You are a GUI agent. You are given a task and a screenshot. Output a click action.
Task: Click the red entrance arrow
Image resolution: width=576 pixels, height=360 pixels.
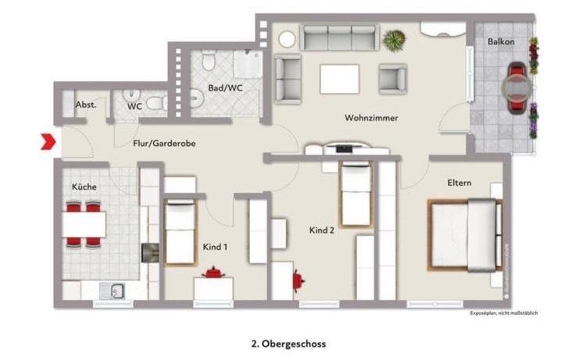click(48, 142)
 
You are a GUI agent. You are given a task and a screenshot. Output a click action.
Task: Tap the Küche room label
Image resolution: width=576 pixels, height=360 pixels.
click(84, 187)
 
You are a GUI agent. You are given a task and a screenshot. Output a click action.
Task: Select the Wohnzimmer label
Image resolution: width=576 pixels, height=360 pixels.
click(372, 118)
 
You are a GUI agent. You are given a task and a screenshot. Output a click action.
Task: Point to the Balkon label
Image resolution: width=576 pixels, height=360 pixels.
click(500, 41)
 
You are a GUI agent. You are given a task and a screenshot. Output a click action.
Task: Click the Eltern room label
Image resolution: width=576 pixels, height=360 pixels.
click(459, 183)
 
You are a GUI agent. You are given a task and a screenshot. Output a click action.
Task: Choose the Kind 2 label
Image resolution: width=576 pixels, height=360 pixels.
click(323, 230)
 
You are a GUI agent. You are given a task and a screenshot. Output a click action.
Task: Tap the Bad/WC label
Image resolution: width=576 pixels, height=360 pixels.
click(225, 88)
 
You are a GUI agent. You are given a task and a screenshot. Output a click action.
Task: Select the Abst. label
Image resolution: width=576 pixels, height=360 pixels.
click(85, 105)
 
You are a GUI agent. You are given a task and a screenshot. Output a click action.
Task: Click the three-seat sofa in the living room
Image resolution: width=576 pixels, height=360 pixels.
click(340, 37)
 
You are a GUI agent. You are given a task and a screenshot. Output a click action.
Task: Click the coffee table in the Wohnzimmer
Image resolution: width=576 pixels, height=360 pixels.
click(339, 79)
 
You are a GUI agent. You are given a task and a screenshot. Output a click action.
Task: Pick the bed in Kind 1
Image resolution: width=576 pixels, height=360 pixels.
click(180, 232)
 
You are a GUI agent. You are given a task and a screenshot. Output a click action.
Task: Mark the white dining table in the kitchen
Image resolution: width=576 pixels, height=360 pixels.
click(84, 226)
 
